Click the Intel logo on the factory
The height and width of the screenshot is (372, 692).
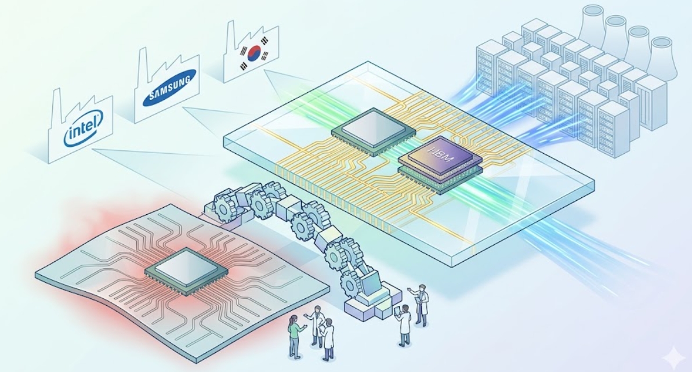[83, 128]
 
